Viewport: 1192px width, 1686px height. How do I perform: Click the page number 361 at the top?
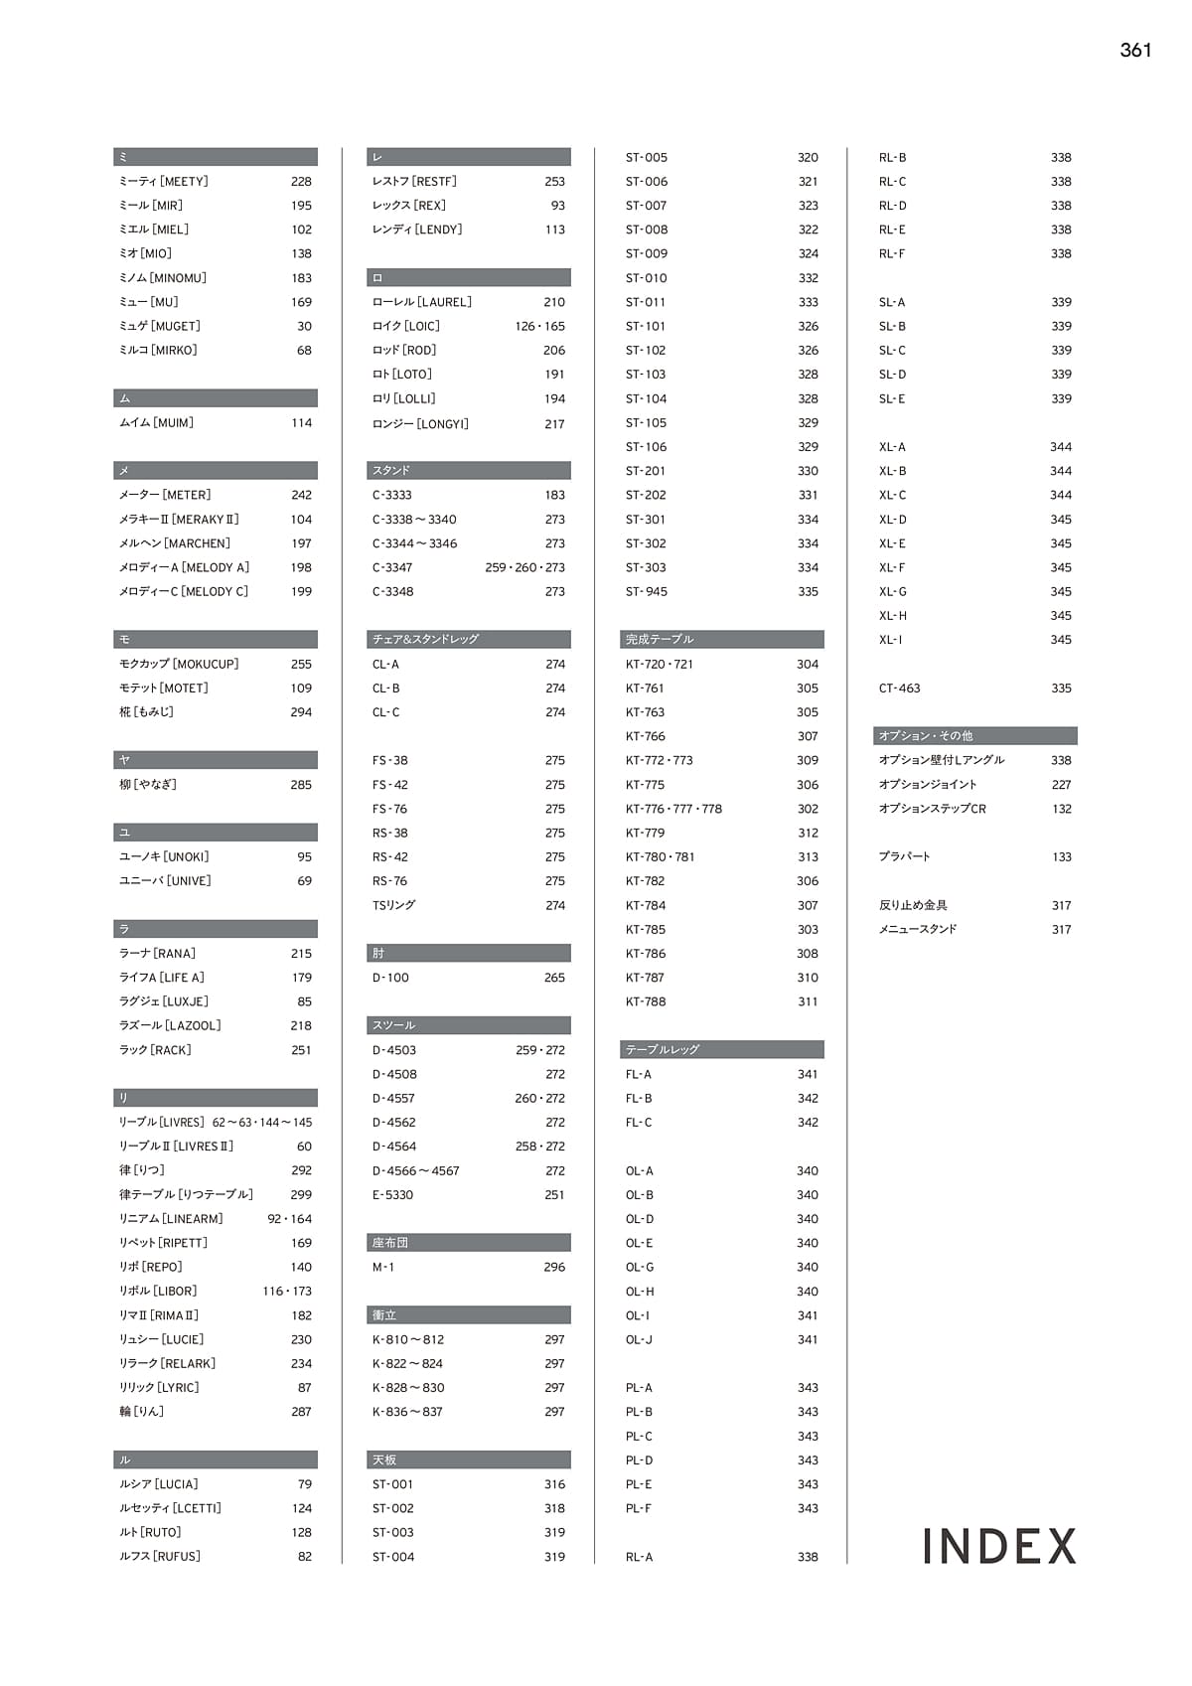[x=1135, y=51]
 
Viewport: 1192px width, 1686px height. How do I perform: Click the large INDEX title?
[x=999, y=1546]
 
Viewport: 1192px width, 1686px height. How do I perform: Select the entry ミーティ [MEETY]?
[x=164, y=182]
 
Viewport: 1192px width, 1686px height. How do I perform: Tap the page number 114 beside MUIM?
[x=301, y=423]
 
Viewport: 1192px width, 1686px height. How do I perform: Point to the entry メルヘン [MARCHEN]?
[x=175, y=543]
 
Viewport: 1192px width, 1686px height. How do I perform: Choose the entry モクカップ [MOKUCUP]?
[x=179, y=664]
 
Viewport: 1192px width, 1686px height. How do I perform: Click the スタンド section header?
[x=391, y=471]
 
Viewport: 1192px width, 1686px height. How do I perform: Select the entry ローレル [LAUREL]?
[x=422, y=302]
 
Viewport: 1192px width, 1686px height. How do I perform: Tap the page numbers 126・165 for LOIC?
[x=539, y=326]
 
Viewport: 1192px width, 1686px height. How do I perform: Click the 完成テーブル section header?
[x=660, y=640]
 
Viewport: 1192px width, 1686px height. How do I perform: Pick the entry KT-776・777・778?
[x=673, y=809]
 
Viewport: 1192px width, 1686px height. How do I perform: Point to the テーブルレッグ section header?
[x=663, y=1050]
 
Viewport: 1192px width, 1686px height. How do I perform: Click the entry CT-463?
[x=899, y=689]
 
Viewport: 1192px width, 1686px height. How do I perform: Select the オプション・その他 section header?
[x=926, y=736]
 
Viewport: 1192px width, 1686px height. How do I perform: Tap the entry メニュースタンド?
[x=918, y=930]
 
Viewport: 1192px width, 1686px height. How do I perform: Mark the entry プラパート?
[x=905, y=857]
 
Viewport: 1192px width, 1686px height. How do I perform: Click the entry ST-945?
[x=647, y=592]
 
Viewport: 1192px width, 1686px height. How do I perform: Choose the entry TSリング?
[x=393, y=905]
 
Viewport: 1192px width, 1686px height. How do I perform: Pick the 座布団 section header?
[x=390, y=1243]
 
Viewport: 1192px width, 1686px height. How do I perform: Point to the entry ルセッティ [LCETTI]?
[x=170, y=1508]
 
